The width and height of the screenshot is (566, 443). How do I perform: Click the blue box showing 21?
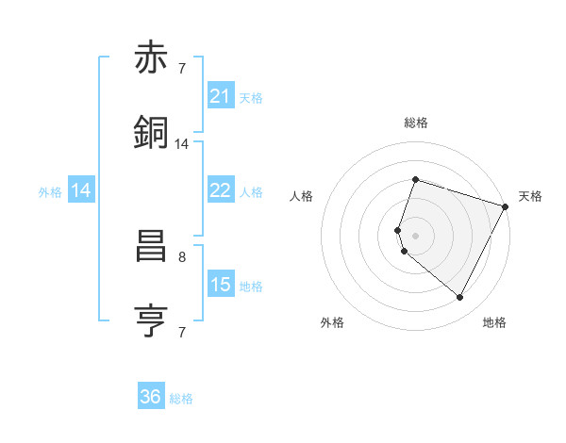(220, 96)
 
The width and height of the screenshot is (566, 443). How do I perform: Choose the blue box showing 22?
(220, 190)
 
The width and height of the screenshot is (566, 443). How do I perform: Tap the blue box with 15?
(220, 285)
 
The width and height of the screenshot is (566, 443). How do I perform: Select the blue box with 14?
(81, 190)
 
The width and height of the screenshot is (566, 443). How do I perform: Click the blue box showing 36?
(151, 397)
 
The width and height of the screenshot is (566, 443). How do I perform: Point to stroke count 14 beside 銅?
(182, 144)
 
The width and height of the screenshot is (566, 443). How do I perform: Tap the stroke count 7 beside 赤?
(182, 68)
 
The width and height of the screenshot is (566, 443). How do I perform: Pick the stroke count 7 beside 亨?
(182, 332)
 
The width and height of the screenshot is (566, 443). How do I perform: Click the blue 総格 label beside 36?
(181, 399)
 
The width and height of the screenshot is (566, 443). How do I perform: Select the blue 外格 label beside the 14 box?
(50, 192)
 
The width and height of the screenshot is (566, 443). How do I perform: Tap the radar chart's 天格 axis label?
(530, 196)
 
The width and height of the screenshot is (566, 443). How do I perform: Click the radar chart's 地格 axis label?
(494, 322)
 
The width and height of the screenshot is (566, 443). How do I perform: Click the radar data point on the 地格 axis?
(460, 297)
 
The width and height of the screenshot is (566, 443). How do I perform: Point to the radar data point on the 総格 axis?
(415, 179)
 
